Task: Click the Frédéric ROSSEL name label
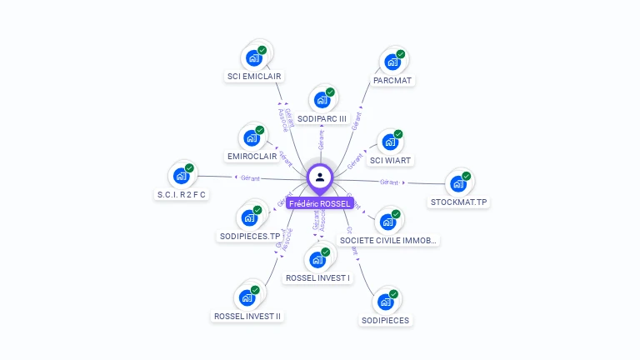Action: tap(320, 203)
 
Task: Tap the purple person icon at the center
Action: tap(320, 177)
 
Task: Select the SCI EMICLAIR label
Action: tap(254, 76)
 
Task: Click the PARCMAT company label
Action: tap(393, 80)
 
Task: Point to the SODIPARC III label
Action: tap(322, 118)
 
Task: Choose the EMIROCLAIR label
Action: tap(252, 156)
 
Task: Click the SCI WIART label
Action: tap(391, 159)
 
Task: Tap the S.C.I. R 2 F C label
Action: tap(181, 194)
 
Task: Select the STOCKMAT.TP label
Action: tap(458, 202)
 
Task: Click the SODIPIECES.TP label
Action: tap(250, 236)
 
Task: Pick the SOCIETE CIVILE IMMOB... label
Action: tap(388, 240)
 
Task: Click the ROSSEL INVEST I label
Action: tap(317, 277)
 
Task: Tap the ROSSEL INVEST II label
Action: tap(247, 316)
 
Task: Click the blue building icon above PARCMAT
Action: tap(391, 61)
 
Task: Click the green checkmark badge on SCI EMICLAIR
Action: tap(262, 51)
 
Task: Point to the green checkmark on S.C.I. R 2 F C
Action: tap(189, 168)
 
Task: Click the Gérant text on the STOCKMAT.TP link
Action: tap(389, 182)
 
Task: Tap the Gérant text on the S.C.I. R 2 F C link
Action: tap(250, 177)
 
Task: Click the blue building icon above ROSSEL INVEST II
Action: tap(246, 297)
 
